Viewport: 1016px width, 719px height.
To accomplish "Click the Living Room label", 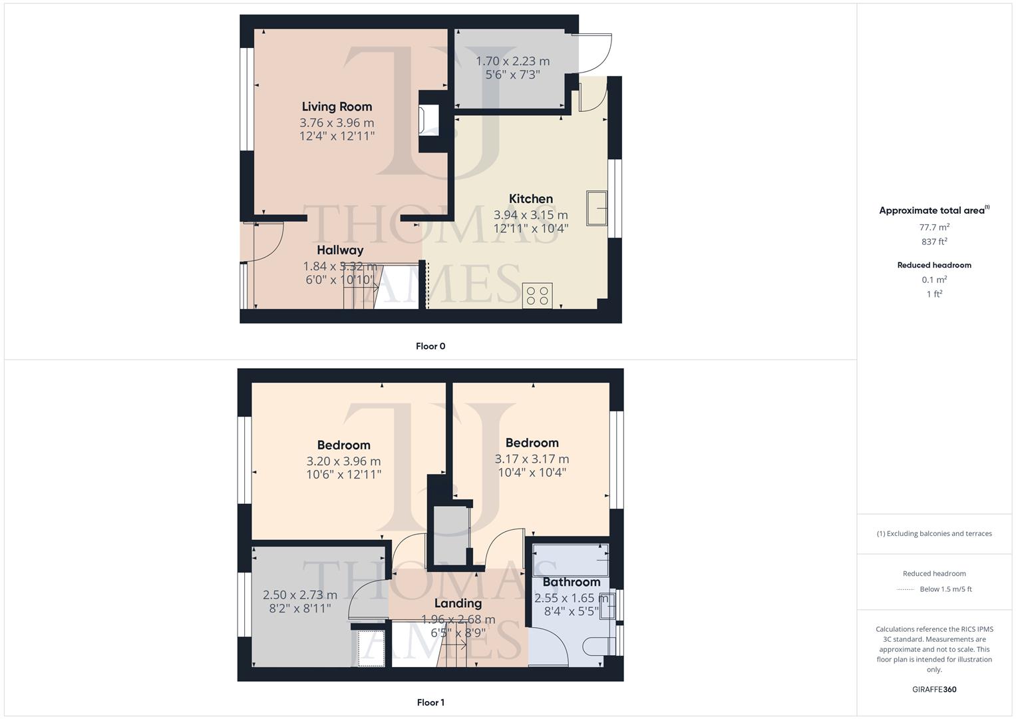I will coord(337,107).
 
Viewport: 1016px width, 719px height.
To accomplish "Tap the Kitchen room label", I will coord(530,198).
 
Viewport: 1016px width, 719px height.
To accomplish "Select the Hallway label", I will coord(340,250).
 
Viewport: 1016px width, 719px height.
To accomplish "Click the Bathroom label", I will coord(571,582).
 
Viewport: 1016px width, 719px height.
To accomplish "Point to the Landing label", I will coord(458,603).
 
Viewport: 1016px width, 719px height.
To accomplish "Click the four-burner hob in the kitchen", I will coord(537,296).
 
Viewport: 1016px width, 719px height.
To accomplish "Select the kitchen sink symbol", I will coord(596,208).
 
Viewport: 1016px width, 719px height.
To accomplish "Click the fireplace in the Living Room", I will coord(425,121).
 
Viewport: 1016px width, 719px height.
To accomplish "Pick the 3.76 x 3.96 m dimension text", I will coord(337,123).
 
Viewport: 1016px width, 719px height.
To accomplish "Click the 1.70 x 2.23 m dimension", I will coord(512,61).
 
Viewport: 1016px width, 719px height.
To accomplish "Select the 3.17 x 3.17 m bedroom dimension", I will coord(532,459).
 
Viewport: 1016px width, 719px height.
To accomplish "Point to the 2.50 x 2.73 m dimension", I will coord(300,595).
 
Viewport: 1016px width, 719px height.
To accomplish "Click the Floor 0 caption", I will coord(430,346).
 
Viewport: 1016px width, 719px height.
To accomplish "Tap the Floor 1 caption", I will coord(430,702).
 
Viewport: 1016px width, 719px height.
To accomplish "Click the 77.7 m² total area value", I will coord(934,227).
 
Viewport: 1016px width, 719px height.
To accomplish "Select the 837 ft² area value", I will coord(934,242).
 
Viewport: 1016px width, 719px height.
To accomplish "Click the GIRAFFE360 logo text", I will coord(934,690).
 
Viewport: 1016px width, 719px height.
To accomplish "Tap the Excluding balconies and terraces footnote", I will coord(934,533).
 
